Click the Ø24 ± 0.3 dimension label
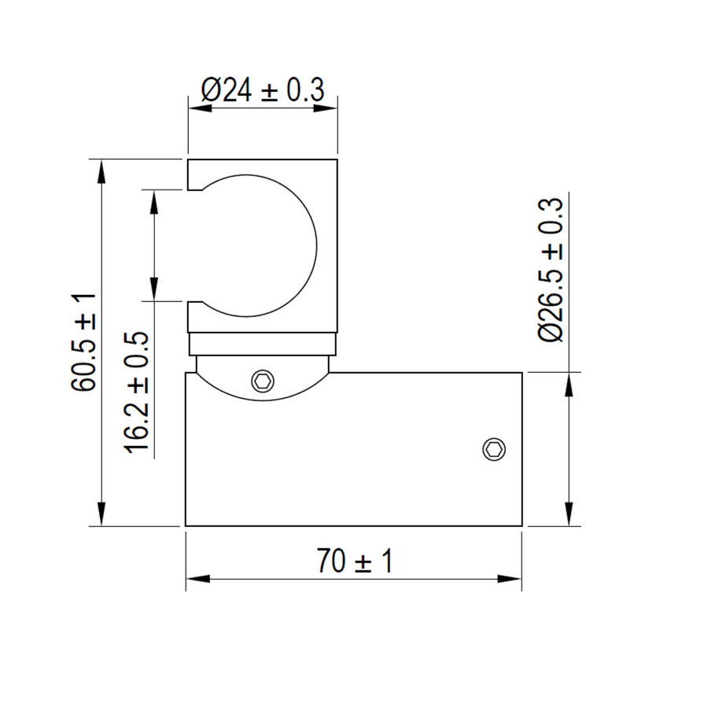coord(263,90)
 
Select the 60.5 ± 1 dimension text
coord(83,342)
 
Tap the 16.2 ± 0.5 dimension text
coord(137,393)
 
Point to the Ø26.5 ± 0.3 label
coord(551,270)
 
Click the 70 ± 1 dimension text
coord(355,561)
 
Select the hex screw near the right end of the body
coord(494,449)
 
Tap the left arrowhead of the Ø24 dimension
coord(200,109)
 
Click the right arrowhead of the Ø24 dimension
coord(326,109)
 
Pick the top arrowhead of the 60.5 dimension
coord(101,171)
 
